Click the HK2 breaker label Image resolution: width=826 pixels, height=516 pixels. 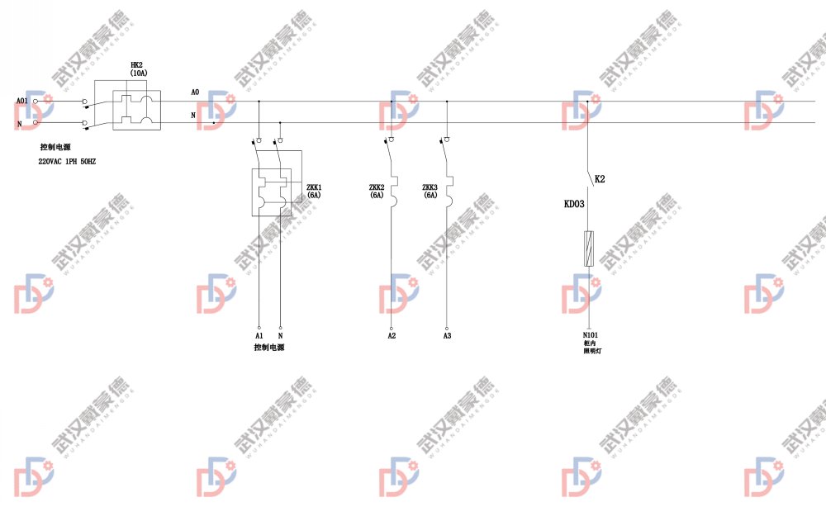[138, 64]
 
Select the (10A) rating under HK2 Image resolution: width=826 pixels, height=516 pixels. [138, 73]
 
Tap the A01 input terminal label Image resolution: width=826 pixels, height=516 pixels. [21, 102]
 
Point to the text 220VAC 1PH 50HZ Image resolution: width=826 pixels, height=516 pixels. [67, 162]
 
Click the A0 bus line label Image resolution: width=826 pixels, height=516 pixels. [195, 92]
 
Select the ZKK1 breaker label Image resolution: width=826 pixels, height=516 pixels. [314, 187]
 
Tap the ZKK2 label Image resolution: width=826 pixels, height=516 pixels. [377, 187]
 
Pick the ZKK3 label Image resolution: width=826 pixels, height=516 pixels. [430, 187]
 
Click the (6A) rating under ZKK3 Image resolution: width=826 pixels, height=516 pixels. [430, 196]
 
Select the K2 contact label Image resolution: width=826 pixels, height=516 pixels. [600, 178]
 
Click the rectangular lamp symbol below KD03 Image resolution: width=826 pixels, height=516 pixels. [588, 249]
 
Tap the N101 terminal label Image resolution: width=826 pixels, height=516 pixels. [590, 335]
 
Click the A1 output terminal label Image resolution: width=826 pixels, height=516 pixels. [259, 336]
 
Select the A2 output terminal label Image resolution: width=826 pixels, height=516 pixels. [392, 336]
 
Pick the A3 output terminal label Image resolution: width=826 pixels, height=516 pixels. [447, 336]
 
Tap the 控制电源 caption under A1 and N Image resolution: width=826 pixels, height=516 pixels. [269, 348]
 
